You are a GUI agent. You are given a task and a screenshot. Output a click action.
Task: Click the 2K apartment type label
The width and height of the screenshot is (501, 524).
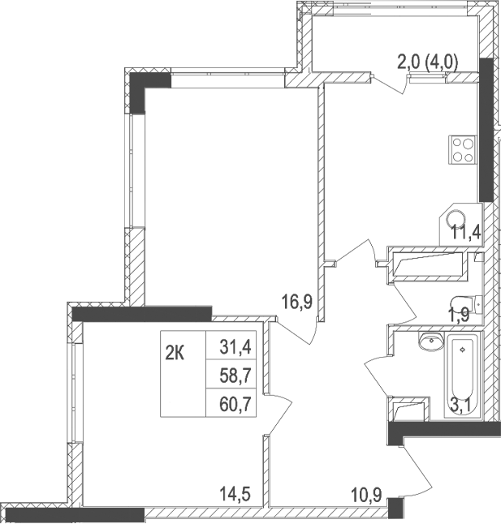[175, 353]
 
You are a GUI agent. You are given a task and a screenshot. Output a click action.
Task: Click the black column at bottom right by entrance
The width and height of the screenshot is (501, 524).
[395, 509]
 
